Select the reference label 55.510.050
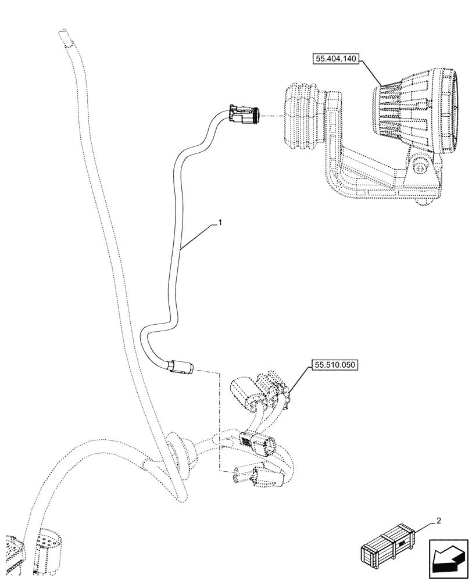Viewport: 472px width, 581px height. pos(335,365)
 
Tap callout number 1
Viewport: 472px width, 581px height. pos(220,222)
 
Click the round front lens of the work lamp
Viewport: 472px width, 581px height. pos(452,113)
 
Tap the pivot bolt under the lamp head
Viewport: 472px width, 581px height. pos(420,166)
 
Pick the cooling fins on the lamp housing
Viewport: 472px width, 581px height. pos(395,110)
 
